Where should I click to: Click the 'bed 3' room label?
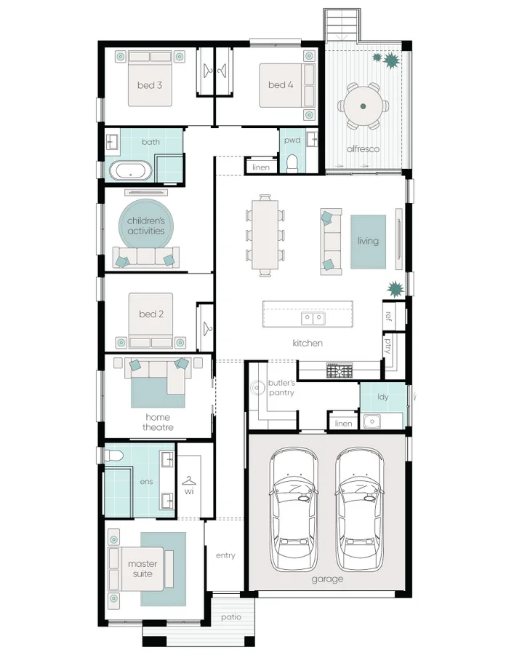tap(149, 85)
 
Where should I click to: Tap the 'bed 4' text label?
tap(281, 85)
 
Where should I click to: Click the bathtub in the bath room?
tap(131, 172)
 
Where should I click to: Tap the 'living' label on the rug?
tap(368, 241)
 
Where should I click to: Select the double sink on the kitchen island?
tap(313, 318)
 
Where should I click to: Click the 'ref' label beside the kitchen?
tap(388, 316)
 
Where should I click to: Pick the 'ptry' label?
tap(388, 344)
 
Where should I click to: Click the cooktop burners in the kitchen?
tap(340, 371)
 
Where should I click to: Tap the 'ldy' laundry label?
tap(382, 397)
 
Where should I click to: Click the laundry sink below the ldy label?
tap(372, 421)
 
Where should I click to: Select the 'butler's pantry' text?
tap(281, 387)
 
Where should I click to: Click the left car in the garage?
tap(295, 509)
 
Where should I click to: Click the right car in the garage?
tap(361, 509)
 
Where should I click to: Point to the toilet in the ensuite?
tap(112, 456)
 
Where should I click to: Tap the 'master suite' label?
tap(142, 568)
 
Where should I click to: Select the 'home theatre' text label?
tap(158, 422)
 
